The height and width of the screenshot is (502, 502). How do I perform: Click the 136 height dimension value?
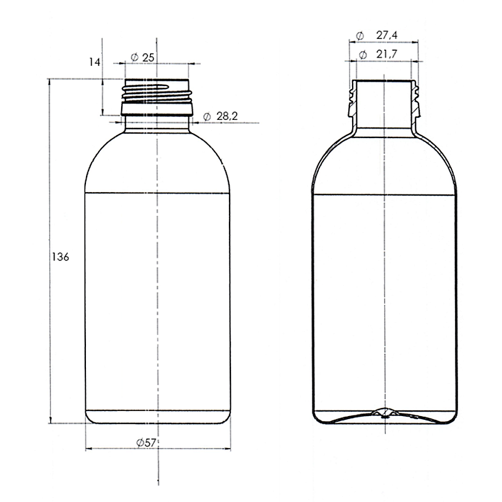coord(60,257)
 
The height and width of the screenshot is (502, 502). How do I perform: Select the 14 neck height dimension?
coord(95,62)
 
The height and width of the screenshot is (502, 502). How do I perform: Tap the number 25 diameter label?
coord(148,58)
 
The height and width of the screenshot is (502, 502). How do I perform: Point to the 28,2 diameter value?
coord(227,116)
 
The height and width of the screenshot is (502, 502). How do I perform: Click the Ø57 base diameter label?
coord(146,443)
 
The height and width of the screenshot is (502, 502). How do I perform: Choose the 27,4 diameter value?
coord(387,35)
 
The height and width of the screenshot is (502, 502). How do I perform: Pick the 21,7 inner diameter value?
coord(387,54)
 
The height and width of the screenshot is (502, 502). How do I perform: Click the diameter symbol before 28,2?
coord(207,117)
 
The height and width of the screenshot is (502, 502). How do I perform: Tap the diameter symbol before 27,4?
coord(360,36)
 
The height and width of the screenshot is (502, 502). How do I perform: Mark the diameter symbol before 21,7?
coord(363,55)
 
